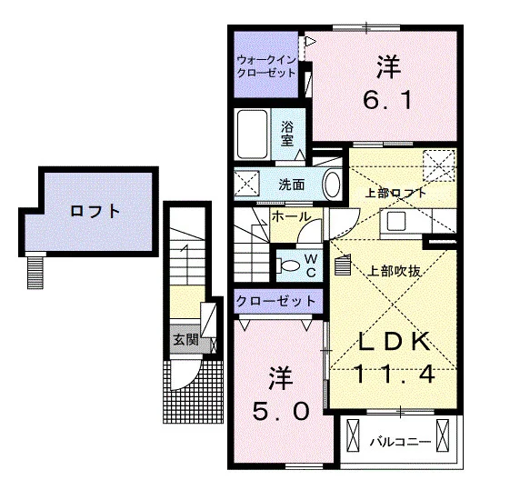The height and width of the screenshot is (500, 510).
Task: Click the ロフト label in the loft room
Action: coord(95,212)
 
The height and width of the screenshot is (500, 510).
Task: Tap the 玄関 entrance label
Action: coord(186,340)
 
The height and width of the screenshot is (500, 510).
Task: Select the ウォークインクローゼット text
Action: coord(266,66)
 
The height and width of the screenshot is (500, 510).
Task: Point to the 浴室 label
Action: coord(287,134)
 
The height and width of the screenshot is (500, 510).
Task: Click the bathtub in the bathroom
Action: coord(253,134)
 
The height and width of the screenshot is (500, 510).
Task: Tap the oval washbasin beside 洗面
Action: coord(332,185)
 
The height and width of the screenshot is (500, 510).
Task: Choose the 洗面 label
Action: coord(292,185)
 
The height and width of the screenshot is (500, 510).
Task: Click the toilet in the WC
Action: coord(288,265)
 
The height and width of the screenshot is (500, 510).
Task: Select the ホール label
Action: coord(291,216)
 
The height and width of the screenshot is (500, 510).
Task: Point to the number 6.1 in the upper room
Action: coord(388,99)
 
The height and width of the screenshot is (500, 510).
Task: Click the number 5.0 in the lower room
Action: coord(281,411)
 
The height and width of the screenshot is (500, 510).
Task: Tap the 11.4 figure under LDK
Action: coord(394,374)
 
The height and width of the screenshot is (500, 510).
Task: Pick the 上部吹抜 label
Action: coord(395,271)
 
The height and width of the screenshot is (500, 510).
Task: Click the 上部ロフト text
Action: coord(395,193)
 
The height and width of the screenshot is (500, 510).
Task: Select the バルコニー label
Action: coord(401,442)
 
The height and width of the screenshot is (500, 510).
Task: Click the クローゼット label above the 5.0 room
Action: coord(276,301)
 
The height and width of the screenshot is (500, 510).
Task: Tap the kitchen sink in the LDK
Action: coord(395,221)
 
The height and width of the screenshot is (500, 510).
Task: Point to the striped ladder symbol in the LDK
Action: coord(343,265)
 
